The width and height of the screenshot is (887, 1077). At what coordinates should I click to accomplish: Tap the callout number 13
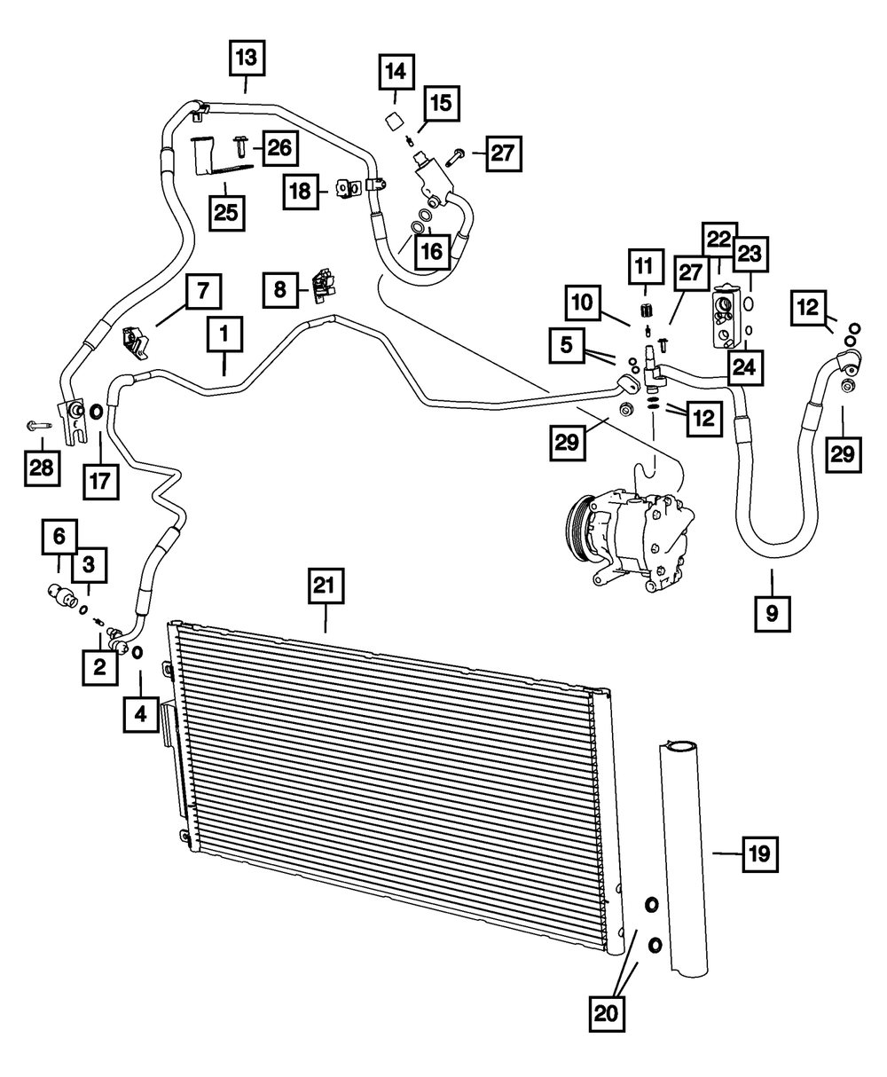pos(246,59)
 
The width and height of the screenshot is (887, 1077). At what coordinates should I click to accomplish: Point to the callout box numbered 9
pos(772,611)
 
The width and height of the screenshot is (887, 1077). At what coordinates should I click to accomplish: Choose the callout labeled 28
pos(41,467)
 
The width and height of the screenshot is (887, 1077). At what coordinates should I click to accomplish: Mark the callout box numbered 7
pos(202,290)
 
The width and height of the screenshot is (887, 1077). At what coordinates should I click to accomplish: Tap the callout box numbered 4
pos(141,714)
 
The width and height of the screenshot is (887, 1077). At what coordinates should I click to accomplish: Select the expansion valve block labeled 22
pos(724,315)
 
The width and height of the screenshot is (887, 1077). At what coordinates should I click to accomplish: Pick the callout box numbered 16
pos(431,252)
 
